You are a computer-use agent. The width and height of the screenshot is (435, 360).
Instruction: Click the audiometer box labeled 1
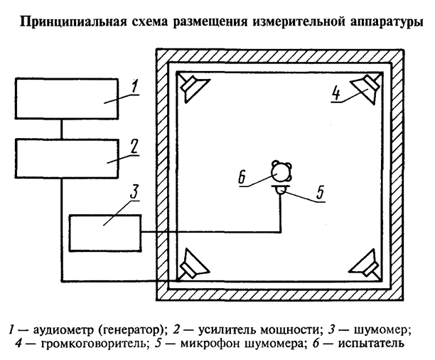(x=62, y=100)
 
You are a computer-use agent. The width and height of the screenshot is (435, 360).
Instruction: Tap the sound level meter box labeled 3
(x=105, y=231)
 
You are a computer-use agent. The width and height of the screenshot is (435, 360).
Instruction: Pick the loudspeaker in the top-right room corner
(x=369, y=88)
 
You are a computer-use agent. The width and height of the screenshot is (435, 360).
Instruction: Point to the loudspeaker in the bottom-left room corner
(x=193, y=265)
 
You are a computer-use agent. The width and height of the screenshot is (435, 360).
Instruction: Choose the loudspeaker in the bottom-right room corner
(x=369, y=265)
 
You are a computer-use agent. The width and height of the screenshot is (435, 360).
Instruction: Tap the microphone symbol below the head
(x=281, y=190)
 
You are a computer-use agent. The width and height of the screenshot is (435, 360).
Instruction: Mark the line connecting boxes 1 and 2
(x=62, y=129)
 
